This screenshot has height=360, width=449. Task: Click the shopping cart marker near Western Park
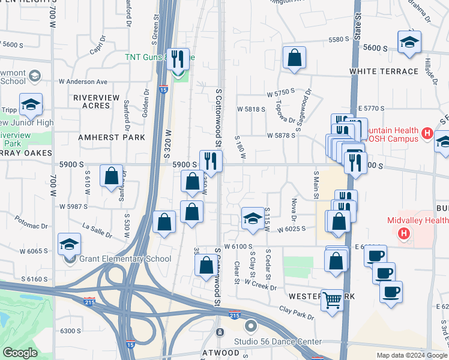click(x=331, y=301)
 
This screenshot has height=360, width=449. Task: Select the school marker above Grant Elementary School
click(x=69, y=245)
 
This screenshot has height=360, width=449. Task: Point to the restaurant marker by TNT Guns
click(x=178, y=59)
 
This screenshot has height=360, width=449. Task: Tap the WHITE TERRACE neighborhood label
click(x=384, y=71)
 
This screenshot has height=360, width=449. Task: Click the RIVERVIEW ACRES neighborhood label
click(x=92, y=101)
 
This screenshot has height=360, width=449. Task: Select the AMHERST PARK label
click(x=112, y=137)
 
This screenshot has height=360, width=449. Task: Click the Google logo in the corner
click(x=20, y=353)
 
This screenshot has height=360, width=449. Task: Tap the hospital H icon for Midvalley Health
click(x=405, y=233)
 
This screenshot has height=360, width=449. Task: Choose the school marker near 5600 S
click(x=409, y=42)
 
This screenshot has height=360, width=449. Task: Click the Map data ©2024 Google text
click(x=411, y=355)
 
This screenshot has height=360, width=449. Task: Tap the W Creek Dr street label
click(x=261, y=287)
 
